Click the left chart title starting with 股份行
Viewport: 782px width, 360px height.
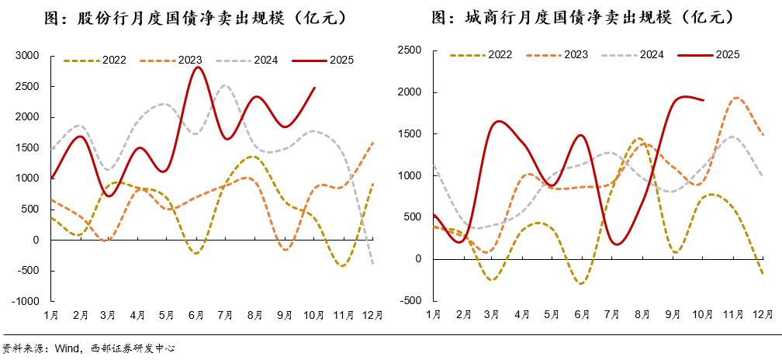[194, 16]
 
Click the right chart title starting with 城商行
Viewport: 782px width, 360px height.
[582, 16]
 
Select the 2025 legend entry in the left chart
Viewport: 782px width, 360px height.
[327, 59]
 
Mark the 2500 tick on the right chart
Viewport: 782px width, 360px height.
[408, 50]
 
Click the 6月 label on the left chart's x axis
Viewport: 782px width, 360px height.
[196, 315]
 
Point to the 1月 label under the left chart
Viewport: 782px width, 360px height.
[51, 315]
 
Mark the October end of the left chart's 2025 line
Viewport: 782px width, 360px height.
[315, 87]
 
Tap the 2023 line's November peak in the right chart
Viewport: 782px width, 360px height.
[735, 98]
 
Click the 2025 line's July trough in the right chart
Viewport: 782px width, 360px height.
[618, 244]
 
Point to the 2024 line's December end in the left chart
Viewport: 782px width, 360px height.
[373, 265]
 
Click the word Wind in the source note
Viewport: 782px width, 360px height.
[63, 349]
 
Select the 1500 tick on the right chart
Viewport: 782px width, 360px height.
[408, 134]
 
